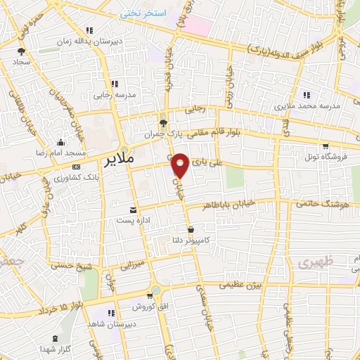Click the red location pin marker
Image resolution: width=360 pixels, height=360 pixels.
(x=181, y=166)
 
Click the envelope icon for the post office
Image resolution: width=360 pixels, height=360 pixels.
(x=132, y=210)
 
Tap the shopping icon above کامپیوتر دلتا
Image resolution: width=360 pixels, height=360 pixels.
(x=191, y=229)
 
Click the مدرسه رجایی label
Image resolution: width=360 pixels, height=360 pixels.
(x=114, y=94)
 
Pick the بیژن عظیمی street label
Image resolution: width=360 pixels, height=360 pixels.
(x=238, y=285)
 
